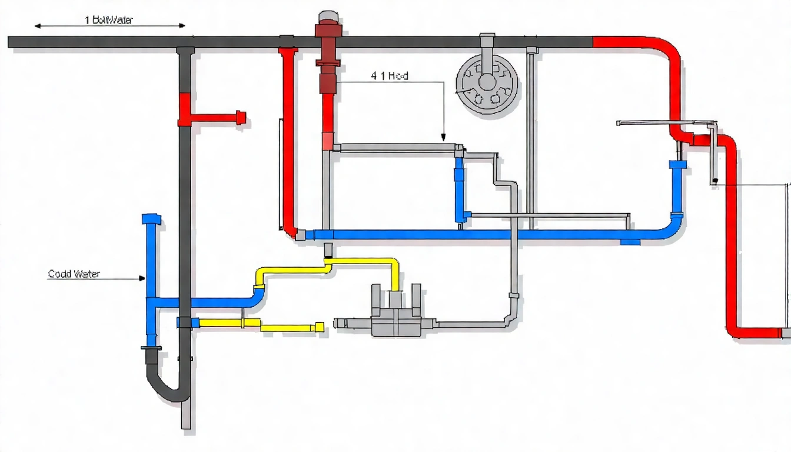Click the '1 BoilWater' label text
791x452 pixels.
[x=109, y=20]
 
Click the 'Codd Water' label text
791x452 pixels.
[x=74, y=274]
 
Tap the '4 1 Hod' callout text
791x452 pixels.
[x=390, y=76]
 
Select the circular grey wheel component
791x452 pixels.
[x=487, y=82]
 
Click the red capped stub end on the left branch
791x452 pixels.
[x=241, y=117]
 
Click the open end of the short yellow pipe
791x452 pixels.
[x=320, y=327]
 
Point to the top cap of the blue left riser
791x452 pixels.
[x=151, y=219]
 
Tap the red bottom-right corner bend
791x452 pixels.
[x=736, y=331]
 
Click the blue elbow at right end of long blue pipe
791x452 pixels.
[x=674, y=227]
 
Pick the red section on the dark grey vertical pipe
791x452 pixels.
[x=184, y=109]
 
